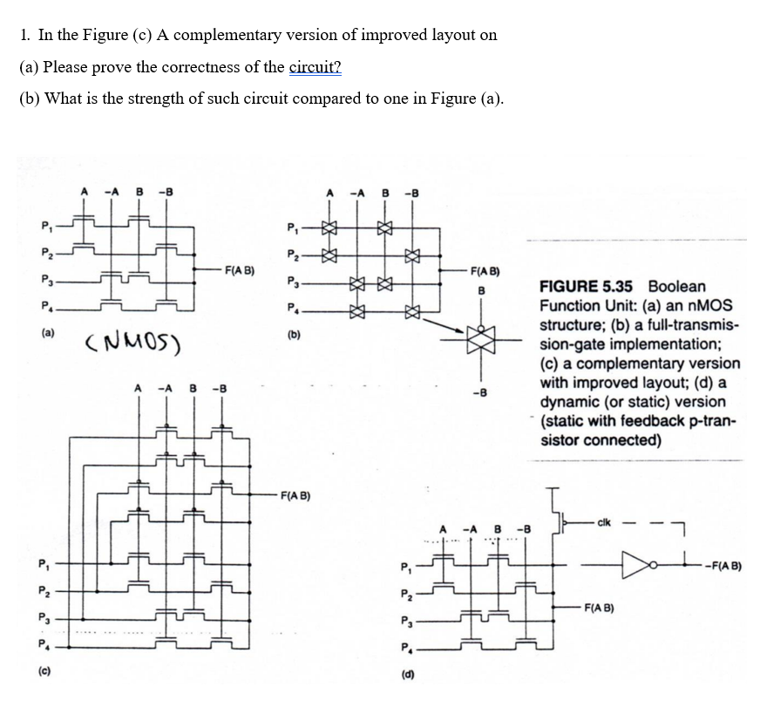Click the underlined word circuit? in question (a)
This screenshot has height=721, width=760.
(x=315, y=67)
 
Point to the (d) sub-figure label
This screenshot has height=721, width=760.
(x=406, y=672)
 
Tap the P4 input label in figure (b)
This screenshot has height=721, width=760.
(x=293, y=306)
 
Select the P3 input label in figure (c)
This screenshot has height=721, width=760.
(x=43, y=617)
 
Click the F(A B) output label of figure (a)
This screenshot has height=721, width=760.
(x=239, y=270)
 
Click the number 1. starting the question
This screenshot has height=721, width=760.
(x=25, y=35)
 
